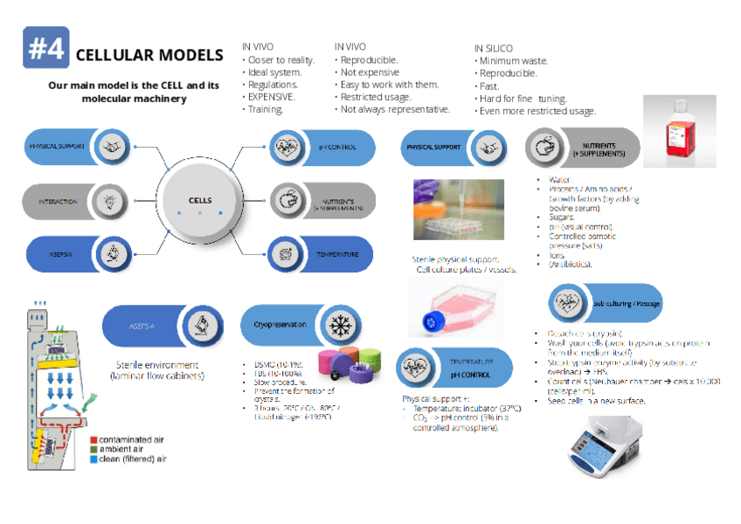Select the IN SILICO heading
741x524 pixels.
tap(494, 48)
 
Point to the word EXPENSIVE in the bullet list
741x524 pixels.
tap(272, 97)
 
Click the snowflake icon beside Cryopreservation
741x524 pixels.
tap(337, 324)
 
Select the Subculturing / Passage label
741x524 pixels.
tap(627, 303)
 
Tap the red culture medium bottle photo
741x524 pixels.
tap(679, 131)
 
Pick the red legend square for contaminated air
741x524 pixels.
tap(93, 439)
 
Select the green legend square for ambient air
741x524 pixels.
tap(93, 449)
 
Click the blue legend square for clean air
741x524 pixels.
tap(93, 458)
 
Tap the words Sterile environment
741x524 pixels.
tap(157, 365)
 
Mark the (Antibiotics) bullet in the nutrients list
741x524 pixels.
tap(570, 264)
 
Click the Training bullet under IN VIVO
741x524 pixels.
tap(266, 109)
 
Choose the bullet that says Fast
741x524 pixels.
tap(489, 86)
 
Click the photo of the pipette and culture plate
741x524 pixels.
tap(458, 210)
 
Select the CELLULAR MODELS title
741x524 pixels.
tap(149, 55)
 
